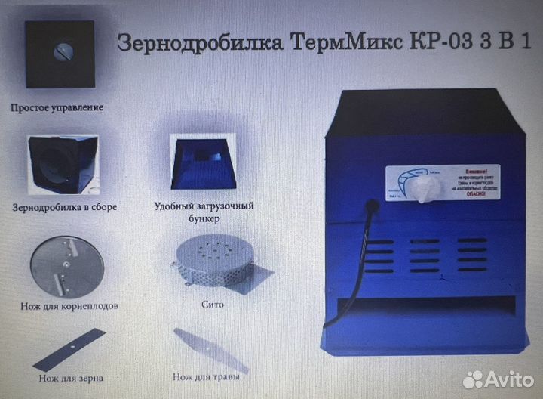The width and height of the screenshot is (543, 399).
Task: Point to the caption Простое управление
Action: click(57, 107)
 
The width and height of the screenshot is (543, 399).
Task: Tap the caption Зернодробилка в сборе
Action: click(65, 206)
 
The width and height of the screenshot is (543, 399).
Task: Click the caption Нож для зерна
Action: click(70, 376)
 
